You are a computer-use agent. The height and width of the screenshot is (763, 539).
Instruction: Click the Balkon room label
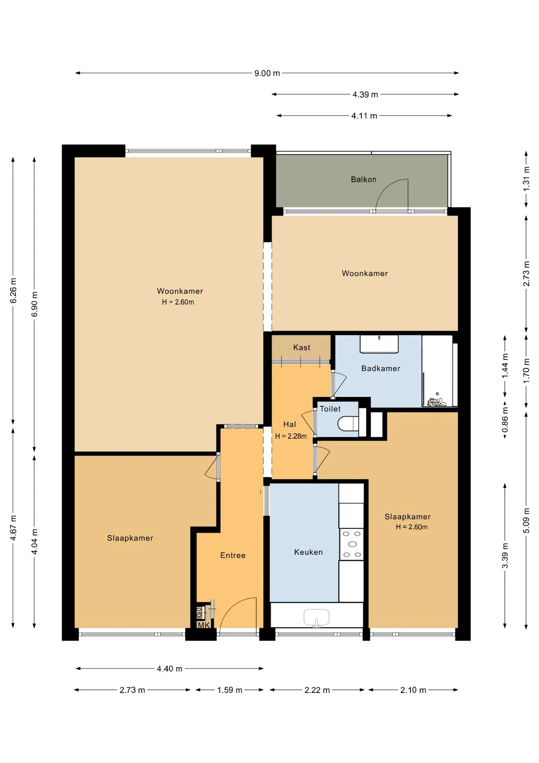click(x=363, y=180)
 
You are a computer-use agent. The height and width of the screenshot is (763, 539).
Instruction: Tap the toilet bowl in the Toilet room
click(x=348, y=424)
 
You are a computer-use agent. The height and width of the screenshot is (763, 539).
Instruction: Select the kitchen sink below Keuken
click(x=316, y=618)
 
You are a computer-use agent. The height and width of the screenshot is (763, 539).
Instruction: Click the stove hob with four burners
click(x=352, y=544)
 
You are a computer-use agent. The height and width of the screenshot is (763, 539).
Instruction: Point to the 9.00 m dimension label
click(x=267, y=74)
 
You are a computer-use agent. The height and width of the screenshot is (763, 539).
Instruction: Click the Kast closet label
click(x=302, y=348)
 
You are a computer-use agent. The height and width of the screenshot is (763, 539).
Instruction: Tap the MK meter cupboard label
click(x=204, y=625)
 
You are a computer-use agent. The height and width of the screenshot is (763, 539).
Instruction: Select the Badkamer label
click(x=381, y=368)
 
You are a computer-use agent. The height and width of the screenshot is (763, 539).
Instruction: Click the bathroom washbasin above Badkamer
click(x=379, y=344)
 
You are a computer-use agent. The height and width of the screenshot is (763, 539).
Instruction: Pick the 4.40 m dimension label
click(x=169, y=669)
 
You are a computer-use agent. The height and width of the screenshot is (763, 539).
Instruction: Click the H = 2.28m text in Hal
click(x=291, y=436)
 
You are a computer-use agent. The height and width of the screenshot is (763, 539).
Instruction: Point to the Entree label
click(x=233, y=556)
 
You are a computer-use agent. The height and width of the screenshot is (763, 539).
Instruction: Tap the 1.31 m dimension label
click(x=526, y=179)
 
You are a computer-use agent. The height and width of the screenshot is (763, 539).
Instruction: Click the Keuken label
click(x=308, y=552)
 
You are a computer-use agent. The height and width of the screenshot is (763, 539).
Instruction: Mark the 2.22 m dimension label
click(x=317, y=690)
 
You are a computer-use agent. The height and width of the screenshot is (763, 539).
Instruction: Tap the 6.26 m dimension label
click(x=13, y=290)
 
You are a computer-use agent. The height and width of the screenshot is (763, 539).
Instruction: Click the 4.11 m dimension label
click(x=364, y=116)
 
